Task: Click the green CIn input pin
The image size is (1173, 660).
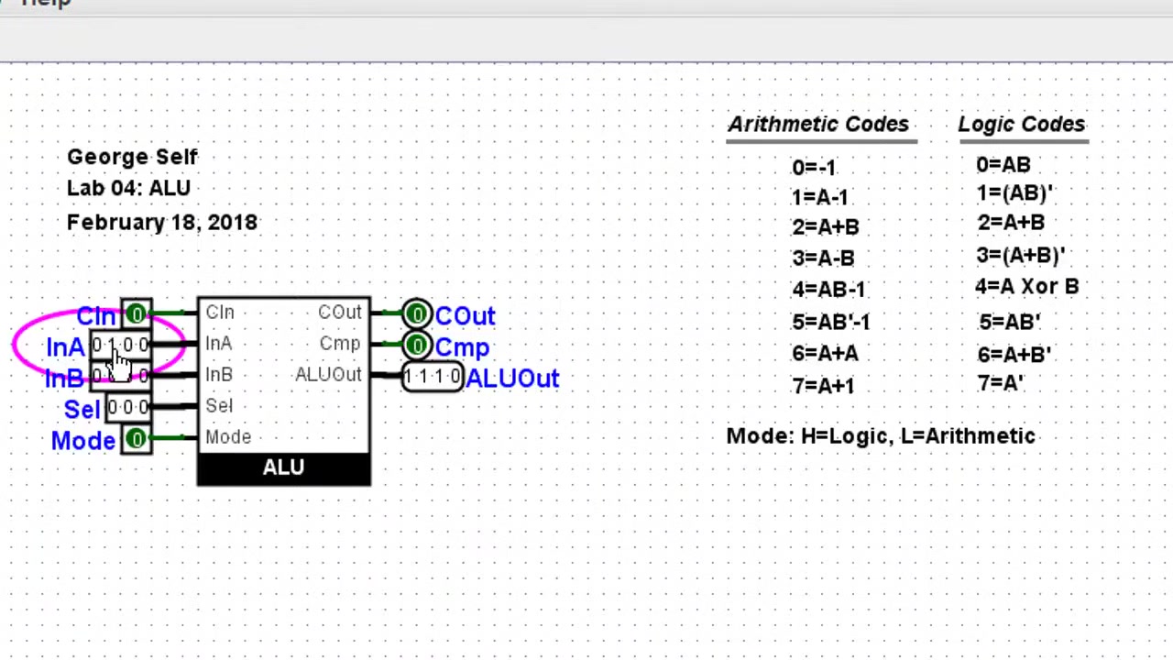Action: pos(137,314)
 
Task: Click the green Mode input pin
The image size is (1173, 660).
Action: pos(137,439)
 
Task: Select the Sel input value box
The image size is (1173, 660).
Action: pos(127,407)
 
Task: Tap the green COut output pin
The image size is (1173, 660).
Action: pos(417,314)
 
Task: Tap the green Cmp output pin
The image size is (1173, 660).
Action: pos(417,346)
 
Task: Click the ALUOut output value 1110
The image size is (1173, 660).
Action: pos(432,377)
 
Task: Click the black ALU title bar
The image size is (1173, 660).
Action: pos(284,468)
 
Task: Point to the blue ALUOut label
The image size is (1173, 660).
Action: pos(512,379)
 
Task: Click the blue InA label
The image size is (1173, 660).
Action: pos(65,348)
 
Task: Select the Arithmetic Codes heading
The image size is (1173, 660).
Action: pos(818,125)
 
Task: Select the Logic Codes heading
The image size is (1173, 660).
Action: pos(1022,125)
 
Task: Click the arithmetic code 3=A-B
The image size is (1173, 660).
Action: pos(824,258)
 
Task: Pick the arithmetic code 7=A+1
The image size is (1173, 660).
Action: pos(824,386)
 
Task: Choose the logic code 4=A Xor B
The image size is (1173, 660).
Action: pos(1027,287)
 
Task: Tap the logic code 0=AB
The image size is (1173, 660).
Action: pos(1003,165)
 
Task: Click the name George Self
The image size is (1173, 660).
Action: pos(132,158)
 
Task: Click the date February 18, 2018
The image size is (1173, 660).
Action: pos(162,223)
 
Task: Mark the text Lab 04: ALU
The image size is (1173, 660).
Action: pos(129,189)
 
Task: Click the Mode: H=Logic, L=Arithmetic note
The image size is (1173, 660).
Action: pos(881,436)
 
